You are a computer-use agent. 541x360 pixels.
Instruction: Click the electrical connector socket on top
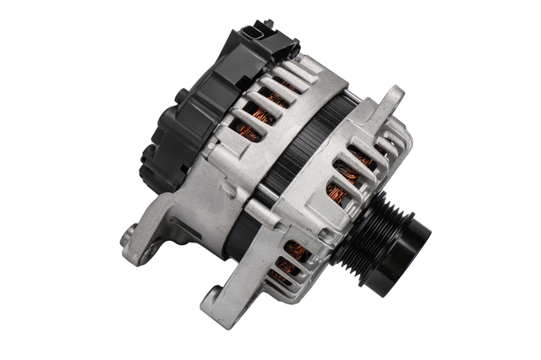tap(258, 35)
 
